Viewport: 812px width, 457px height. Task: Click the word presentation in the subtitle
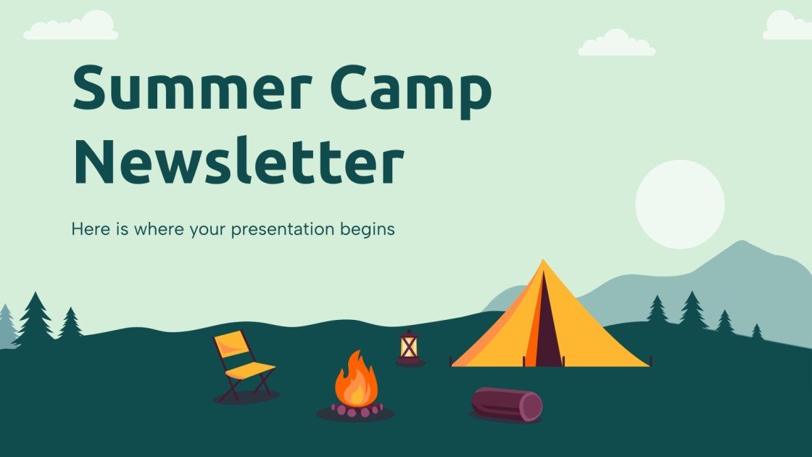point(275,230)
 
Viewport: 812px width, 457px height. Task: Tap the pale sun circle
point(679,205)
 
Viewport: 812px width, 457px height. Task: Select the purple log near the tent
point(505,404)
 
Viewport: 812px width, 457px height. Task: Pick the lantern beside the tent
point(410,347)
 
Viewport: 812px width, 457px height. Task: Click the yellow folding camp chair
point(243,364)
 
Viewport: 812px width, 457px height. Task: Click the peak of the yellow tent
point(542,262)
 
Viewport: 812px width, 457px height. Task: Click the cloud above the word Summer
point(71,27)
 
